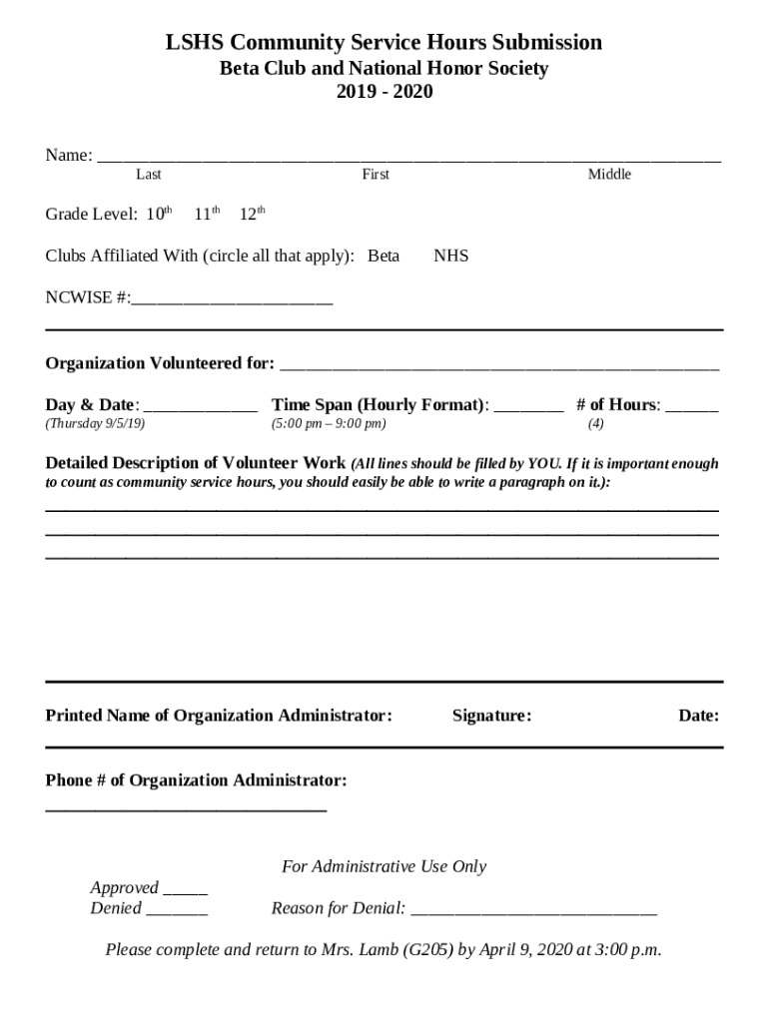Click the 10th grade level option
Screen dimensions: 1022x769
point(160,214)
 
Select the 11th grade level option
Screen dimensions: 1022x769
point(206,214)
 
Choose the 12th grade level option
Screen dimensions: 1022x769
point(252,214)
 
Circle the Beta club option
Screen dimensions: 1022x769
point(384,255)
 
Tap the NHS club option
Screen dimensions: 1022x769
point(451,255)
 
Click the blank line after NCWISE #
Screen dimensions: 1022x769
point(232,298)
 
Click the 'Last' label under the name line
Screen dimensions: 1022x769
point(149,175)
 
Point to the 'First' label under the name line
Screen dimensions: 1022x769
point(376,175)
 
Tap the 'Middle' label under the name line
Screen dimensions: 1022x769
point(609,175)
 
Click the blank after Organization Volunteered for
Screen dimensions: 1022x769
point(498,365)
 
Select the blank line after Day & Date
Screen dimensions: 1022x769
point(201,407)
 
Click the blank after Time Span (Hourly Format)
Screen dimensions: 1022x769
point(528,407)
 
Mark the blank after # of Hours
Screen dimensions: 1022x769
point(691,407)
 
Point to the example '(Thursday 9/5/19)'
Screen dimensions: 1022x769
point(96,424)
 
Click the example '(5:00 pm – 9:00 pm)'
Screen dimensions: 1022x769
point(329,424)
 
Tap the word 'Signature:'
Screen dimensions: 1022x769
point(491,716)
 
